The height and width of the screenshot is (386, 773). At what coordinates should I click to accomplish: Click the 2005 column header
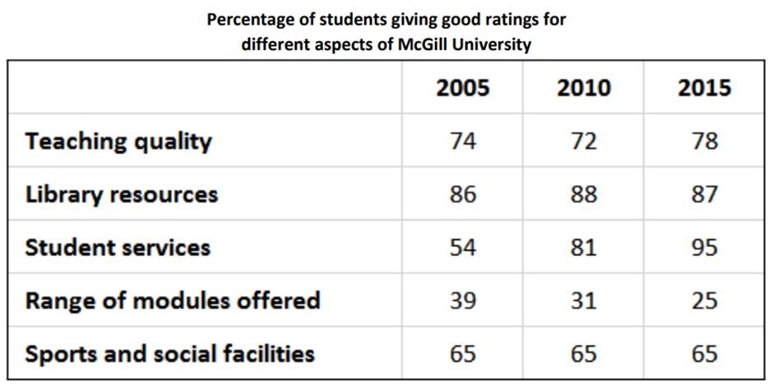[x=462, y=88]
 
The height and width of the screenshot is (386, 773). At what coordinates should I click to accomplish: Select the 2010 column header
[x=583, y=88]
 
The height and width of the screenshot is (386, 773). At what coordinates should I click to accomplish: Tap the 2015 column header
[x=704, y=88]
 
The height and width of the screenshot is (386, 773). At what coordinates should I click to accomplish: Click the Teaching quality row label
[x=118, y=142]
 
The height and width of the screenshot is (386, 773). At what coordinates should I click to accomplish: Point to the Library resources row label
[x=122, y=195]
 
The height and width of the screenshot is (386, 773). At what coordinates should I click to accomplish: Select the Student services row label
[x=118, y=248]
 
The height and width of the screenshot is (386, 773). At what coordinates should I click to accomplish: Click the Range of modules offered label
[x=173, y=300]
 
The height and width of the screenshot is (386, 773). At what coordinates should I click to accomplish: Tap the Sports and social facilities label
[x=170, y=354]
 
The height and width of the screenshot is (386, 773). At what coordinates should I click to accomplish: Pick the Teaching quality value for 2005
[x=462, y=142]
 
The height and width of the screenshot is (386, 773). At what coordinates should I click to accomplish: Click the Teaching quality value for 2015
[x=704, y=142]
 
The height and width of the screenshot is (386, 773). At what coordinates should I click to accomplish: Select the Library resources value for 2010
[x=583, y=195]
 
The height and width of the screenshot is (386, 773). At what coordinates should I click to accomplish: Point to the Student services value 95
[x=704, y=248]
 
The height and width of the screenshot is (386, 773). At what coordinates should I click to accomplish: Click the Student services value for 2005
[x=462, y=248]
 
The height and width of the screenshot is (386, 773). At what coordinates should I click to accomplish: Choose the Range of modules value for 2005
[x=462, y=300]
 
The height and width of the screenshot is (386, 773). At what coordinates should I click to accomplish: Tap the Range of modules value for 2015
[x=704, y=300]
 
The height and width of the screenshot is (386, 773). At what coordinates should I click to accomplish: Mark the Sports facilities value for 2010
[x=583, y=354]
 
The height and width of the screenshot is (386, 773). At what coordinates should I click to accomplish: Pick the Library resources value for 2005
[x=462, y=195]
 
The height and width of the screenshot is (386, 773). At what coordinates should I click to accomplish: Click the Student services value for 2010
[x=583, y=248]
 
